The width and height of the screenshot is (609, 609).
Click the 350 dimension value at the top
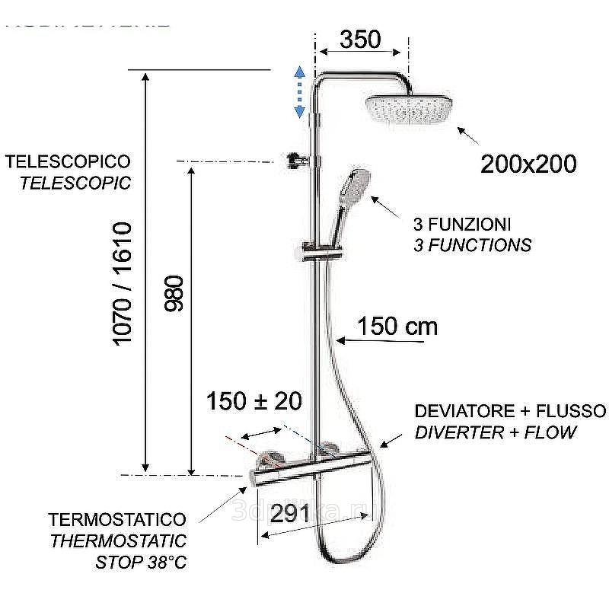[x=360, y=40]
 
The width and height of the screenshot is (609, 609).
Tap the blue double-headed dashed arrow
[x=300, y=91]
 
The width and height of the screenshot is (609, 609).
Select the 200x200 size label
[x=528, y=163]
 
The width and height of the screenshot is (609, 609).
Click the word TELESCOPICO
[x=68, y=162]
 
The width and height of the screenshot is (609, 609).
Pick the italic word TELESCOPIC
[x=75, y=183]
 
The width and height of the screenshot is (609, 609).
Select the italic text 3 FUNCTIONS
[x=472, y=245]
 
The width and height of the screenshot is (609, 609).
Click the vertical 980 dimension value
[x=175, y=293]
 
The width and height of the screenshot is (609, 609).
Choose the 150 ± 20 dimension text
[x=254, y=401]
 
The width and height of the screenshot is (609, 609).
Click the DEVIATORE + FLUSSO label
[x=510, y=412]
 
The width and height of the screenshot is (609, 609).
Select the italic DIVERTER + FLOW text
[x=496, y=432]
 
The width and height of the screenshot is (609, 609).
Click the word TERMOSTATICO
[x=117, y=520]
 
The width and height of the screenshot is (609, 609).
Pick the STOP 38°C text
[x=141, y=563]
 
